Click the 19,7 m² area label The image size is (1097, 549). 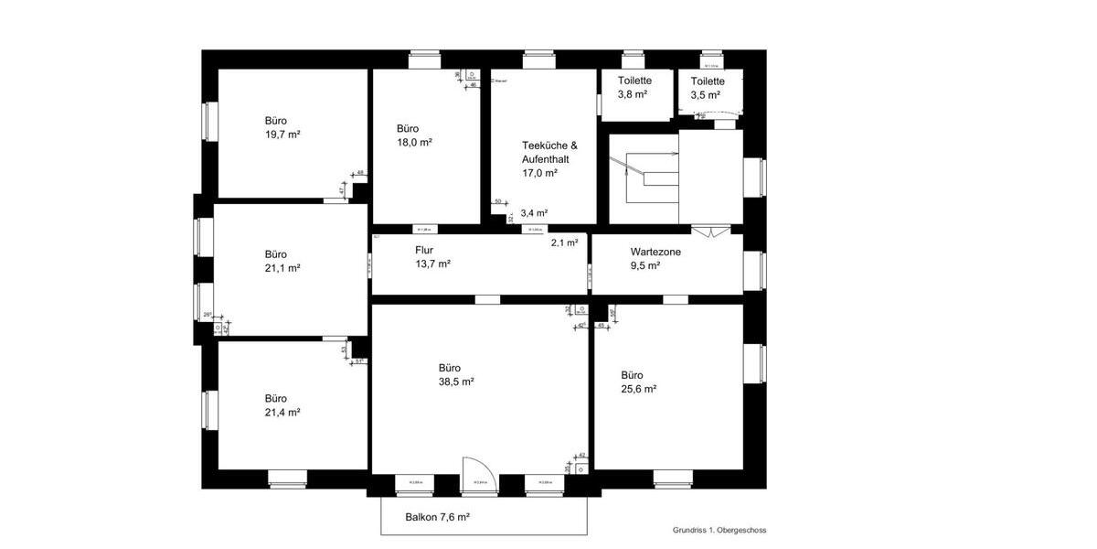[x=282, y=134]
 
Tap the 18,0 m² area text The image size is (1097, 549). [x=414, y=143]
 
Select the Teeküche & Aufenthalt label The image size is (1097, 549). [x=549, y=152]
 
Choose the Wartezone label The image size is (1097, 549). [x=655, y=252]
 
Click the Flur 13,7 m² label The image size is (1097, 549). [x=432, y=256]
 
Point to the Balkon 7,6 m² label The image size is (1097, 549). [x=437, y=517]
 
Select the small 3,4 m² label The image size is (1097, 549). [x=534, y=213]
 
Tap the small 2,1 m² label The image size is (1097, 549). [x=564, y=242]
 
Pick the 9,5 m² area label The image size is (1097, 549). [x=645, y=265]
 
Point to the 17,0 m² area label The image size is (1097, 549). [x=539, y=172]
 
